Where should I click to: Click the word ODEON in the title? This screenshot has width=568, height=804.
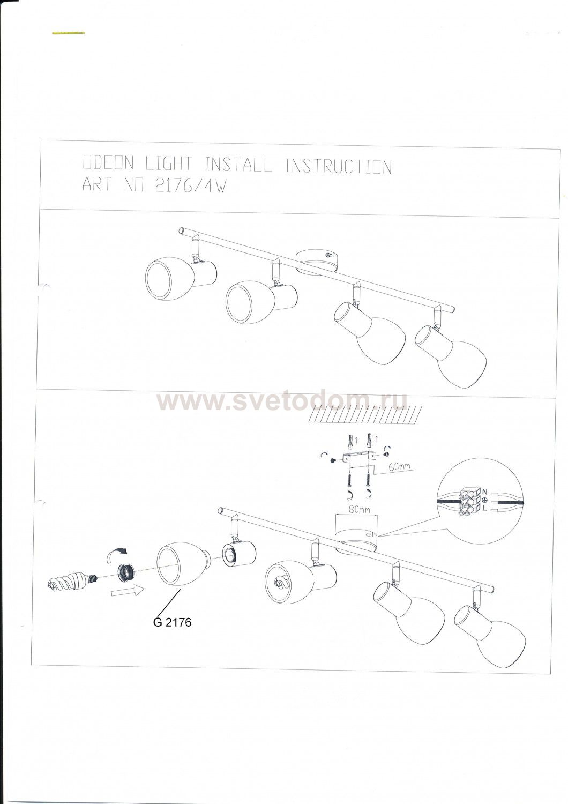(x=108, y=163)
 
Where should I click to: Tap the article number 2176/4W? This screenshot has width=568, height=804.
(x=190, y=185)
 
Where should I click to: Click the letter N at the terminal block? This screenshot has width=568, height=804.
(x=485, y=492)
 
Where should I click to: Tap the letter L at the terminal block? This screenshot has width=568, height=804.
(x=484, y=508)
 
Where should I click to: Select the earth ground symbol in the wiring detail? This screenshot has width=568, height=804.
(x=484, y=500)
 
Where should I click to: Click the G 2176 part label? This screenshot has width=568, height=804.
(x=172, y=622)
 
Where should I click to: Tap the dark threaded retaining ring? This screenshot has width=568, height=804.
(x=126, y=577)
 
